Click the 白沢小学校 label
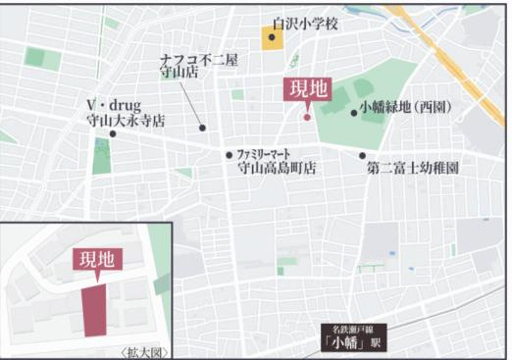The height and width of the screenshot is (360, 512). click(x=305, y=23)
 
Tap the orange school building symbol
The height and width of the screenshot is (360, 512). click(x=272, y=39)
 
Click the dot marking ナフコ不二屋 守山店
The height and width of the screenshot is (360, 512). click(x=202, y=128)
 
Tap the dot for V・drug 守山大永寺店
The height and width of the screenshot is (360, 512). click(x=112, y=134)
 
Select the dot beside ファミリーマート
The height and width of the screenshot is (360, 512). click(x=230, y=154)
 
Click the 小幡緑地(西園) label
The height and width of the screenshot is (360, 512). click(x=404, y=107)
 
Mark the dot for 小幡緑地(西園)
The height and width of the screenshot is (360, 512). click(x=353, y=112)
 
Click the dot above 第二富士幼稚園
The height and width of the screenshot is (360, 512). click(x=363, y=155)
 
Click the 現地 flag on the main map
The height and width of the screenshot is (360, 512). click(x=307, y=90)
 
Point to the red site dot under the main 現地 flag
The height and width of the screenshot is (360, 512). click(x=307, y=117)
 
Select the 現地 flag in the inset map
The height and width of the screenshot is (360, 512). click(x=96, y=260)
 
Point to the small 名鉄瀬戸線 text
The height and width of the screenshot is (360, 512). click(x=358, y=329)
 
